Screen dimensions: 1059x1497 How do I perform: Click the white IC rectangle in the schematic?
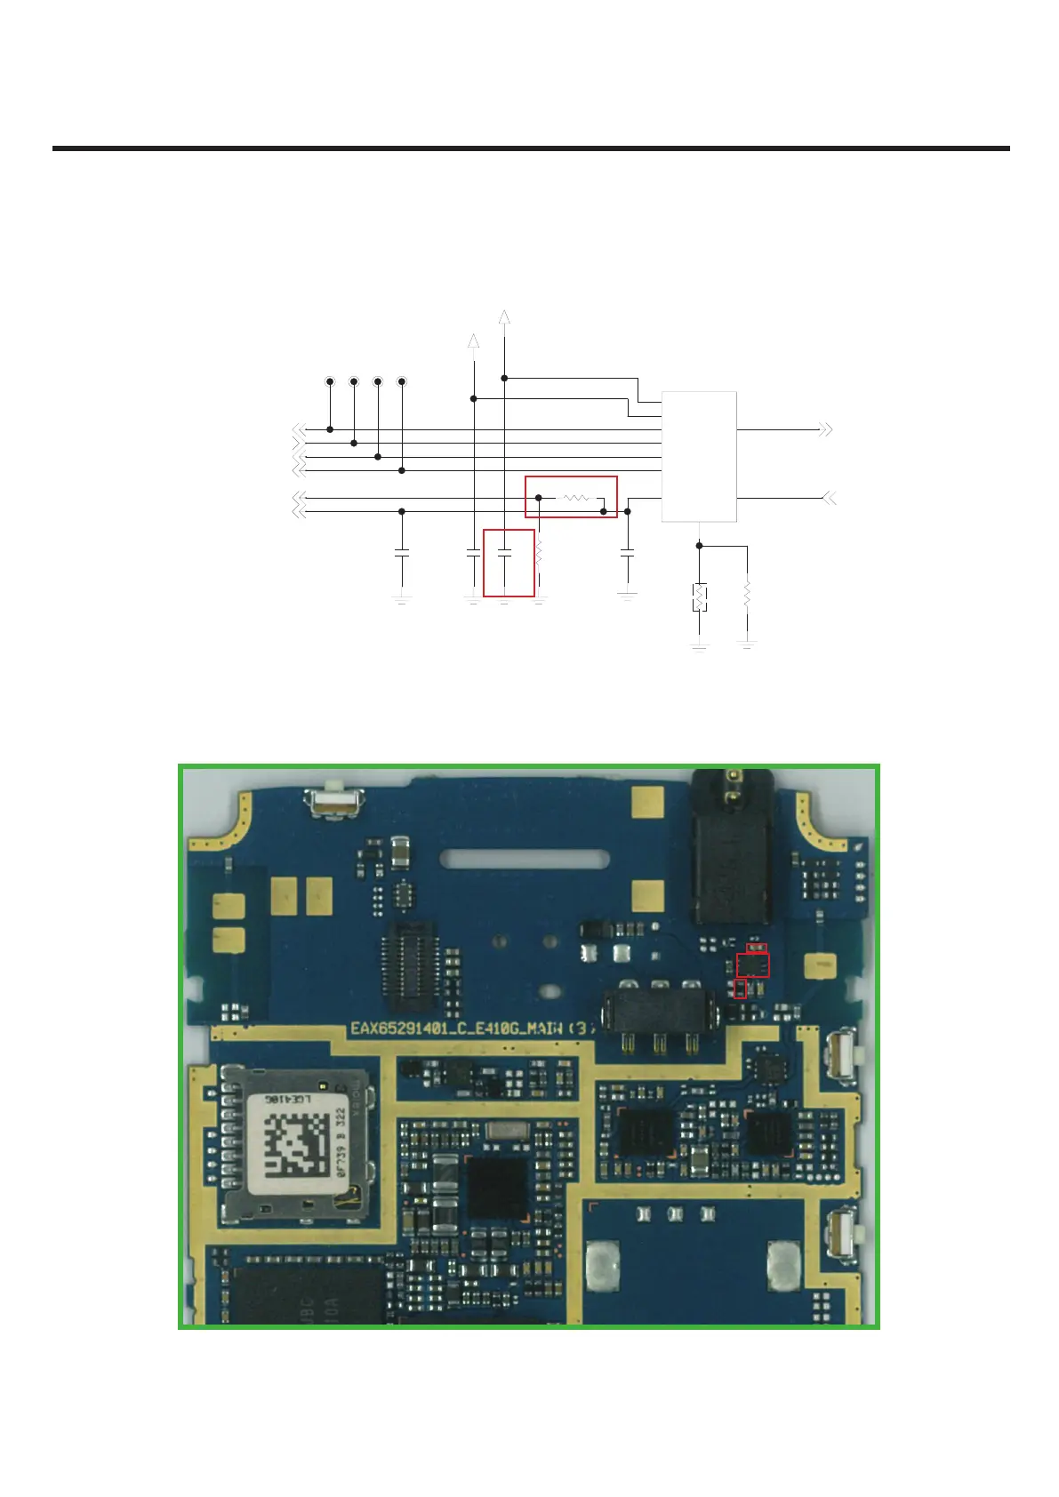699,456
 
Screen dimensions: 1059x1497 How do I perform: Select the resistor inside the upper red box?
575,498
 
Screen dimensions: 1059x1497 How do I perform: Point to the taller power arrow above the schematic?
504,317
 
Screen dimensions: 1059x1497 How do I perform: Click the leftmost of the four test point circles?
330,381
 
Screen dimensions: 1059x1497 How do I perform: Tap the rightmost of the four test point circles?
402,381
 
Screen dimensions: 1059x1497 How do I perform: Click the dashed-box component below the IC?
700,596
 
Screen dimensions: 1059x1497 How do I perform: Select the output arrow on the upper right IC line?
825,429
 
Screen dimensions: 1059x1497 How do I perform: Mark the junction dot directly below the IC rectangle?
699,546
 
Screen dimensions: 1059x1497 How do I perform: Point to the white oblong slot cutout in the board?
526,859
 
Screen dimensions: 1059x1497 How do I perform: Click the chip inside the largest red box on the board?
753,965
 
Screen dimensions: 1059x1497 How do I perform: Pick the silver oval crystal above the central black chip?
507,1131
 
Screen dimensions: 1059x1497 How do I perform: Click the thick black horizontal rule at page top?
531,148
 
